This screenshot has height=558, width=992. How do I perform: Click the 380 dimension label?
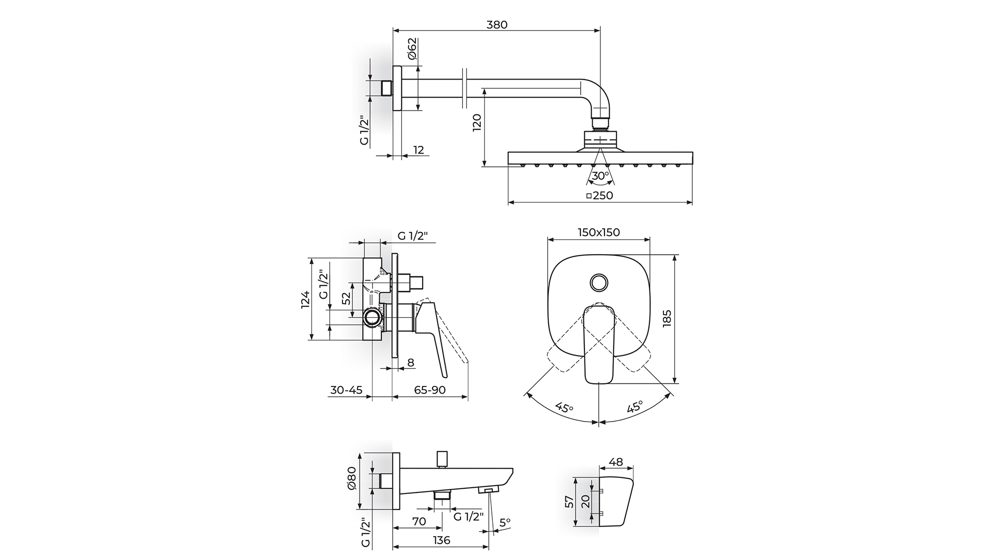coord(497,24)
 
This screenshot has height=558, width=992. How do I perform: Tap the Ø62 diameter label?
coord(412,49)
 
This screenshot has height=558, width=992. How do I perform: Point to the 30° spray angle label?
coord(600,176)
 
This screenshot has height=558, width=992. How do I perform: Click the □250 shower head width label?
coord(600,196)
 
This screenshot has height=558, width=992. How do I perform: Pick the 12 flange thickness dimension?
coord(419,150)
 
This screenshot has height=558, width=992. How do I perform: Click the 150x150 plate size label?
coord(599,233)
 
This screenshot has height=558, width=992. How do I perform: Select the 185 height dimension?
coord(667,318)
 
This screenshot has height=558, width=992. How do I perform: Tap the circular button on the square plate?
coord(598,282)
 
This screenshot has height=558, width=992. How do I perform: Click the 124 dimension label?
coord(305,299)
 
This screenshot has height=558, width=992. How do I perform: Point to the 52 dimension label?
coord(346,299)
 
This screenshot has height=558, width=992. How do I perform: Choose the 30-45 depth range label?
coord(346,390)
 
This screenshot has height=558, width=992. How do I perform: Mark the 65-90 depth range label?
coord(429,390)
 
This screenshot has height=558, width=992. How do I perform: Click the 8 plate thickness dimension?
coord(411,363)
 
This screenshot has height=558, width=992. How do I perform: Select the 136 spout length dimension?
coord(441,540)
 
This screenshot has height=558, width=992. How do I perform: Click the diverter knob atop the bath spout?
coord(442,458)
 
